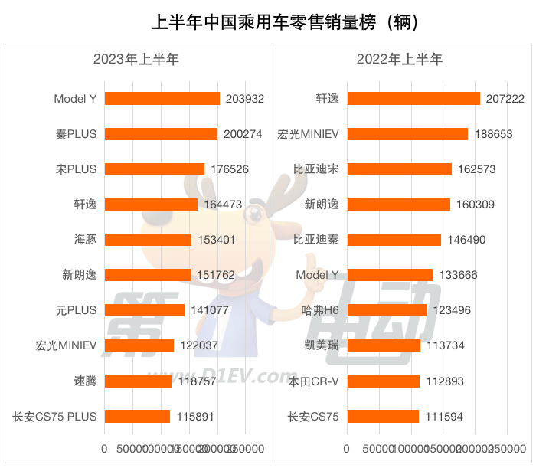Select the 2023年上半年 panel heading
[136, 59]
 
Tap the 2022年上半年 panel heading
[399, 59]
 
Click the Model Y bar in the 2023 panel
[162, 98]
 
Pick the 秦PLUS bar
[161, 133]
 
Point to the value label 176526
[230, 169]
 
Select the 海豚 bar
[148, 239]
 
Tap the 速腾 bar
[138, 381]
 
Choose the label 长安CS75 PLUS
[54, 417]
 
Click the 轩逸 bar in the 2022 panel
[413, 98]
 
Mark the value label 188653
[493, 133]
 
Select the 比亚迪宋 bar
[399, 169]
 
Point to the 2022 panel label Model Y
[317, 274]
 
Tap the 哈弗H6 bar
[387, 310]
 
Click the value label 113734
[446, 345]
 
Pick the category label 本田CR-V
[313, 381]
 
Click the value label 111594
[444, 417]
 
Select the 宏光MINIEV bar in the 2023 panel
[139, 345]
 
